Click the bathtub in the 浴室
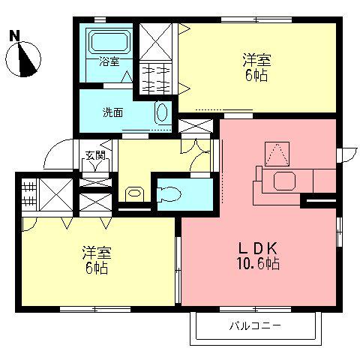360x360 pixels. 111,41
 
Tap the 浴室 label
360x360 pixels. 109,61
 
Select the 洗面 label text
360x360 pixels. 112,112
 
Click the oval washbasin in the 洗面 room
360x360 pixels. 162,113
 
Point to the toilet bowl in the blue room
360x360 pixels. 169,194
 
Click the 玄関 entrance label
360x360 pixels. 95,155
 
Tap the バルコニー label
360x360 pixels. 255,326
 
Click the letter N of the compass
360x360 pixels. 14,36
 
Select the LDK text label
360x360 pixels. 258,248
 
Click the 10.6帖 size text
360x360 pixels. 258,263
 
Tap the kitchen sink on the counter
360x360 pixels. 285,181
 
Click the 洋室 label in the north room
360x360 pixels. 256,60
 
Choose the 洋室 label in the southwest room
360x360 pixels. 97,253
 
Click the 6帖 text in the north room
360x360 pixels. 256,75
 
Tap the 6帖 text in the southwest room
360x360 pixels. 97,268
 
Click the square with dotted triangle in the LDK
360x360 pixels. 277,154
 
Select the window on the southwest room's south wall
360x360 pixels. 95,310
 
